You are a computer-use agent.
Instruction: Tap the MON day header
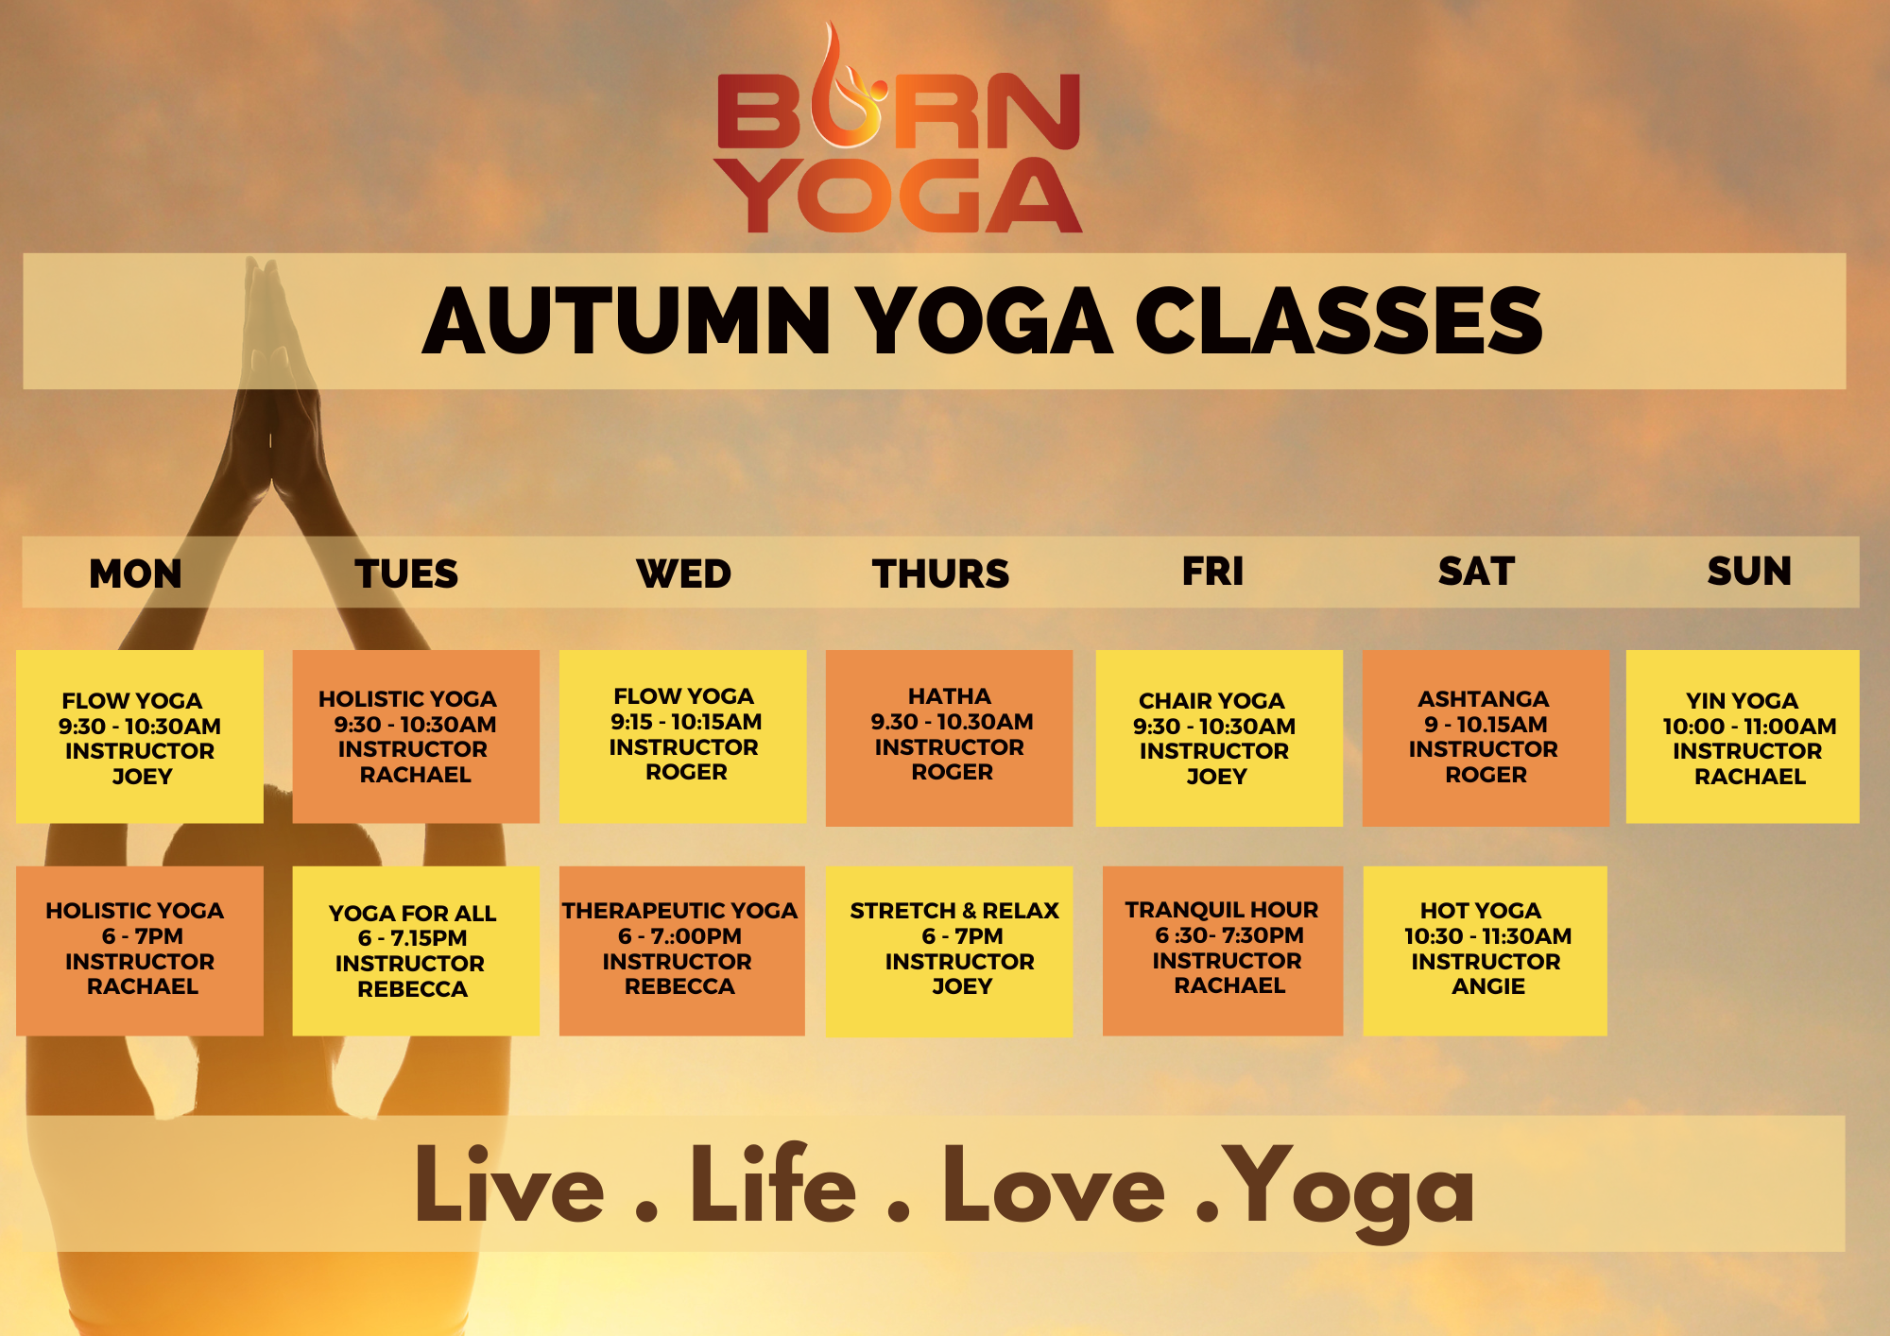135,574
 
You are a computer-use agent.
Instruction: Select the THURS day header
940,574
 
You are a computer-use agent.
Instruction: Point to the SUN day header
1749,571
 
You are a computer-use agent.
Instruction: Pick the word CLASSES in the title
1338,321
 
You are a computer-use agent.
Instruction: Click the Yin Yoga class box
1743,736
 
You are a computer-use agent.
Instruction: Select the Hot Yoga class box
1485,951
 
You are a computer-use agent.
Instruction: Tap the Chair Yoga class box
1219,738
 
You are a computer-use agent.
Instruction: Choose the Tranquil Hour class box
1223,951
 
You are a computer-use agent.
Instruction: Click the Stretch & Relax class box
949,951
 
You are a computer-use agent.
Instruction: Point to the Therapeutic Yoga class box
682,951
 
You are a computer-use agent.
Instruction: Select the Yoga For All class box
416,951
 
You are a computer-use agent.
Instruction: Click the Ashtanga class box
1486,738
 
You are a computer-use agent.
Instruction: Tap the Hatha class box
949,738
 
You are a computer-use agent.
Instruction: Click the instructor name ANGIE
1488,986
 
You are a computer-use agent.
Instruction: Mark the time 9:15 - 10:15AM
686,722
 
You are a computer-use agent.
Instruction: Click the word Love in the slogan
1054,1186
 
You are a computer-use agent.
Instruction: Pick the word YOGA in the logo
899,196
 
